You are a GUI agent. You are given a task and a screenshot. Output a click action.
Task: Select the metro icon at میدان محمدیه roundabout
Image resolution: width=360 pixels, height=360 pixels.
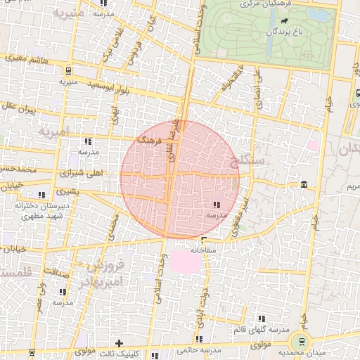click(303, 342)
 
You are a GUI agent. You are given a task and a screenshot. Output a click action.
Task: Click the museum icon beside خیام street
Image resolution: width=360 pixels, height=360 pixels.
click(303, 185)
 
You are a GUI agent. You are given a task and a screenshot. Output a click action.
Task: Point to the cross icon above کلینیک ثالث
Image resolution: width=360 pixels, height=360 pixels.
click(119, 342)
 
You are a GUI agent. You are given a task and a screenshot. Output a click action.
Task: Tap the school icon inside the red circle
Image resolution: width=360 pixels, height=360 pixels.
click(214, 205)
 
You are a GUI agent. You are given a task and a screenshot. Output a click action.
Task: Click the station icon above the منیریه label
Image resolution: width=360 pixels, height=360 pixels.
click(67, 70)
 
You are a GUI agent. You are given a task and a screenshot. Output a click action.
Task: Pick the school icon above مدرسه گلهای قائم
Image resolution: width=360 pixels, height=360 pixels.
click(262, 319)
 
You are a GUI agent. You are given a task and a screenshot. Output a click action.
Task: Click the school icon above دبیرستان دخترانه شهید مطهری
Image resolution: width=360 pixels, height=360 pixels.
click(42, 194)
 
